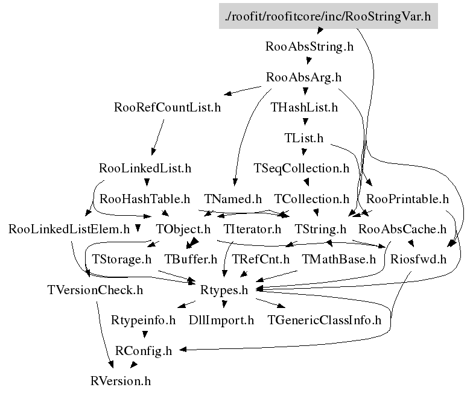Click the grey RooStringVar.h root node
coord(328,16)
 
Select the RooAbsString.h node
coord(310,46)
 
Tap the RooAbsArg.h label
coord(304,77)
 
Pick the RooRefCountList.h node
coord(167,108)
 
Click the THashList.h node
coord(304,108)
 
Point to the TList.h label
coord(304,138)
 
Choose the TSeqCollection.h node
coord(302,168)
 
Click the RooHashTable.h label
coord(145,198)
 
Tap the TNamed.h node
coord(233,198)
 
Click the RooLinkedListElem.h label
coord(69,229)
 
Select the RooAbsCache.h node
coord(402,229)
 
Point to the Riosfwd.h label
coord(418,260)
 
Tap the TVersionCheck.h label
coord(95,289)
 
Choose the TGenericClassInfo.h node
coord(325,320)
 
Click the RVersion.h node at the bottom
coord(120,381)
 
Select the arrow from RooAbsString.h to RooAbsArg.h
coord(308,61)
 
